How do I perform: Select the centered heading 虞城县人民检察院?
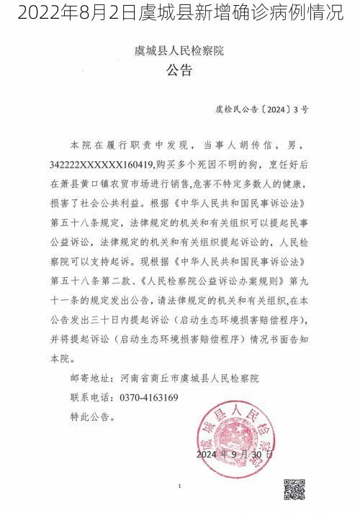point(180,51)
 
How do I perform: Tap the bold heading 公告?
point(180,70)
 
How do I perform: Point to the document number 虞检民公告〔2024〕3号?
point(262,110)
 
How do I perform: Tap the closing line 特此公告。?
point(91,416)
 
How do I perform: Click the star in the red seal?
point(236,437)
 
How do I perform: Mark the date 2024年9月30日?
point(235,455)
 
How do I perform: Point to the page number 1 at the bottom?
point(179,487)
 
